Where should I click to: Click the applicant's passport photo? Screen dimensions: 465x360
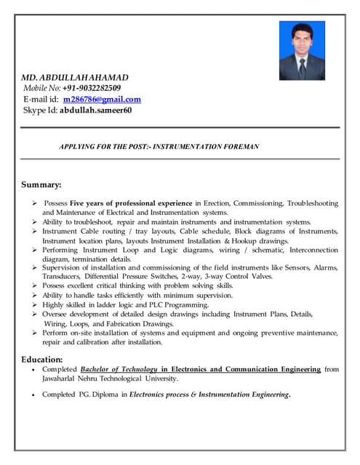point(302,49)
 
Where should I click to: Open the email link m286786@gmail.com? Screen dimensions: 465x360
point(102,99)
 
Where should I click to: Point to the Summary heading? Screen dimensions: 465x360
point(41,185)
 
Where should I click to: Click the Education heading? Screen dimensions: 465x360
point(42,359)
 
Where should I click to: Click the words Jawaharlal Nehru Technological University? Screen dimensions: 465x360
point(110,379)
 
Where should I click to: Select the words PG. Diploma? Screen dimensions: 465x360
point(98,395)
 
